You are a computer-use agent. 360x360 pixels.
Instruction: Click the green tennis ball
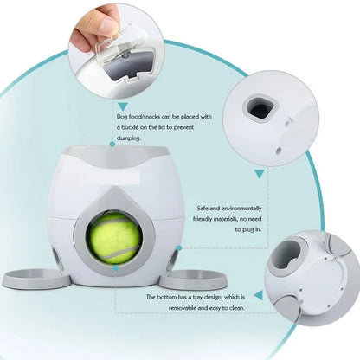(x=117, y=238)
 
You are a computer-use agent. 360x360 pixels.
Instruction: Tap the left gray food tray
(x=36, y=279)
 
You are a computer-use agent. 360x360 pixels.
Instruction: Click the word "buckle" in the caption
(x=134, y=127)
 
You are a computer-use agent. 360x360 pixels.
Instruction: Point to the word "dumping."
(x=129, y=138)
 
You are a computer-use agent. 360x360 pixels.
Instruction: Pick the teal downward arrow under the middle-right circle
(x=260, y=173)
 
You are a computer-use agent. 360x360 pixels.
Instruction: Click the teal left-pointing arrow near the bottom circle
(x=259, y=295)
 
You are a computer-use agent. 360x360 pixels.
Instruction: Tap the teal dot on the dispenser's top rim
(x=112, y=144)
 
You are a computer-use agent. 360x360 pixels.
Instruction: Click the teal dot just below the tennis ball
(x=115, y=268)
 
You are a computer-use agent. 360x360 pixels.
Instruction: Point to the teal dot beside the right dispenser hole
(x=179, y=247)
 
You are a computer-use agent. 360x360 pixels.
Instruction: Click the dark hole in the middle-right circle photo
(x=259, y=108)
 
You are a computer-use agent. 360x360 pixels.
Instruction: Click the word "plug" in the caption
(x=249, y=230)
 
